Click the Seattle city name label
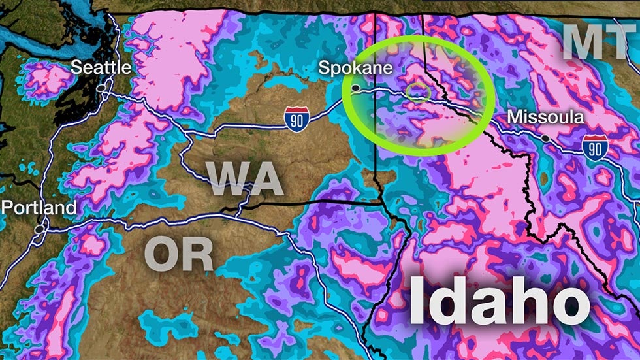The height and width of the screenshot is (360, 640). click(x=101, y=67)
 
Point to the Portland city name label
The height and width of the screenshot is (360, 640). click(x=39, y=208)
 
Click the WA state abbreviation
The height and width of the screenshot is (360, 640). click(x=245, y=178)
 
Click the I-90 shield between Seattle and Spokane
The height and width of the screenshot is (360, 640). click(x=296, y=120)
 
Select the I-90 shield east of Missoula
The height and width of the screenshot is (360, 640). click(x=594, y=147)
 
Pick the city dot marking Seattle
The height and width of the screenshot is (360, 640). click(x=101, y=88)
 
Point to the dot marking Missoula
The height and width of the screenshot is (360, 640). click(x=545, y=139)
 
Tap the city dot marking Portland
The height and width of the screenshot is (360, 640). click(x=40, y=229)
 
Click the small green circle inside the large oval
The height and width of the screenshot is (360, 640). click(x=416, y=92)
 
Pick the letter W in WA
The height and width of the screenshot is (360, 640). click(x=227, y=178)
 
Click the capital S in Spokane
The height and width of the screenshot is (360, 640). click(x=323, y=67)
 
